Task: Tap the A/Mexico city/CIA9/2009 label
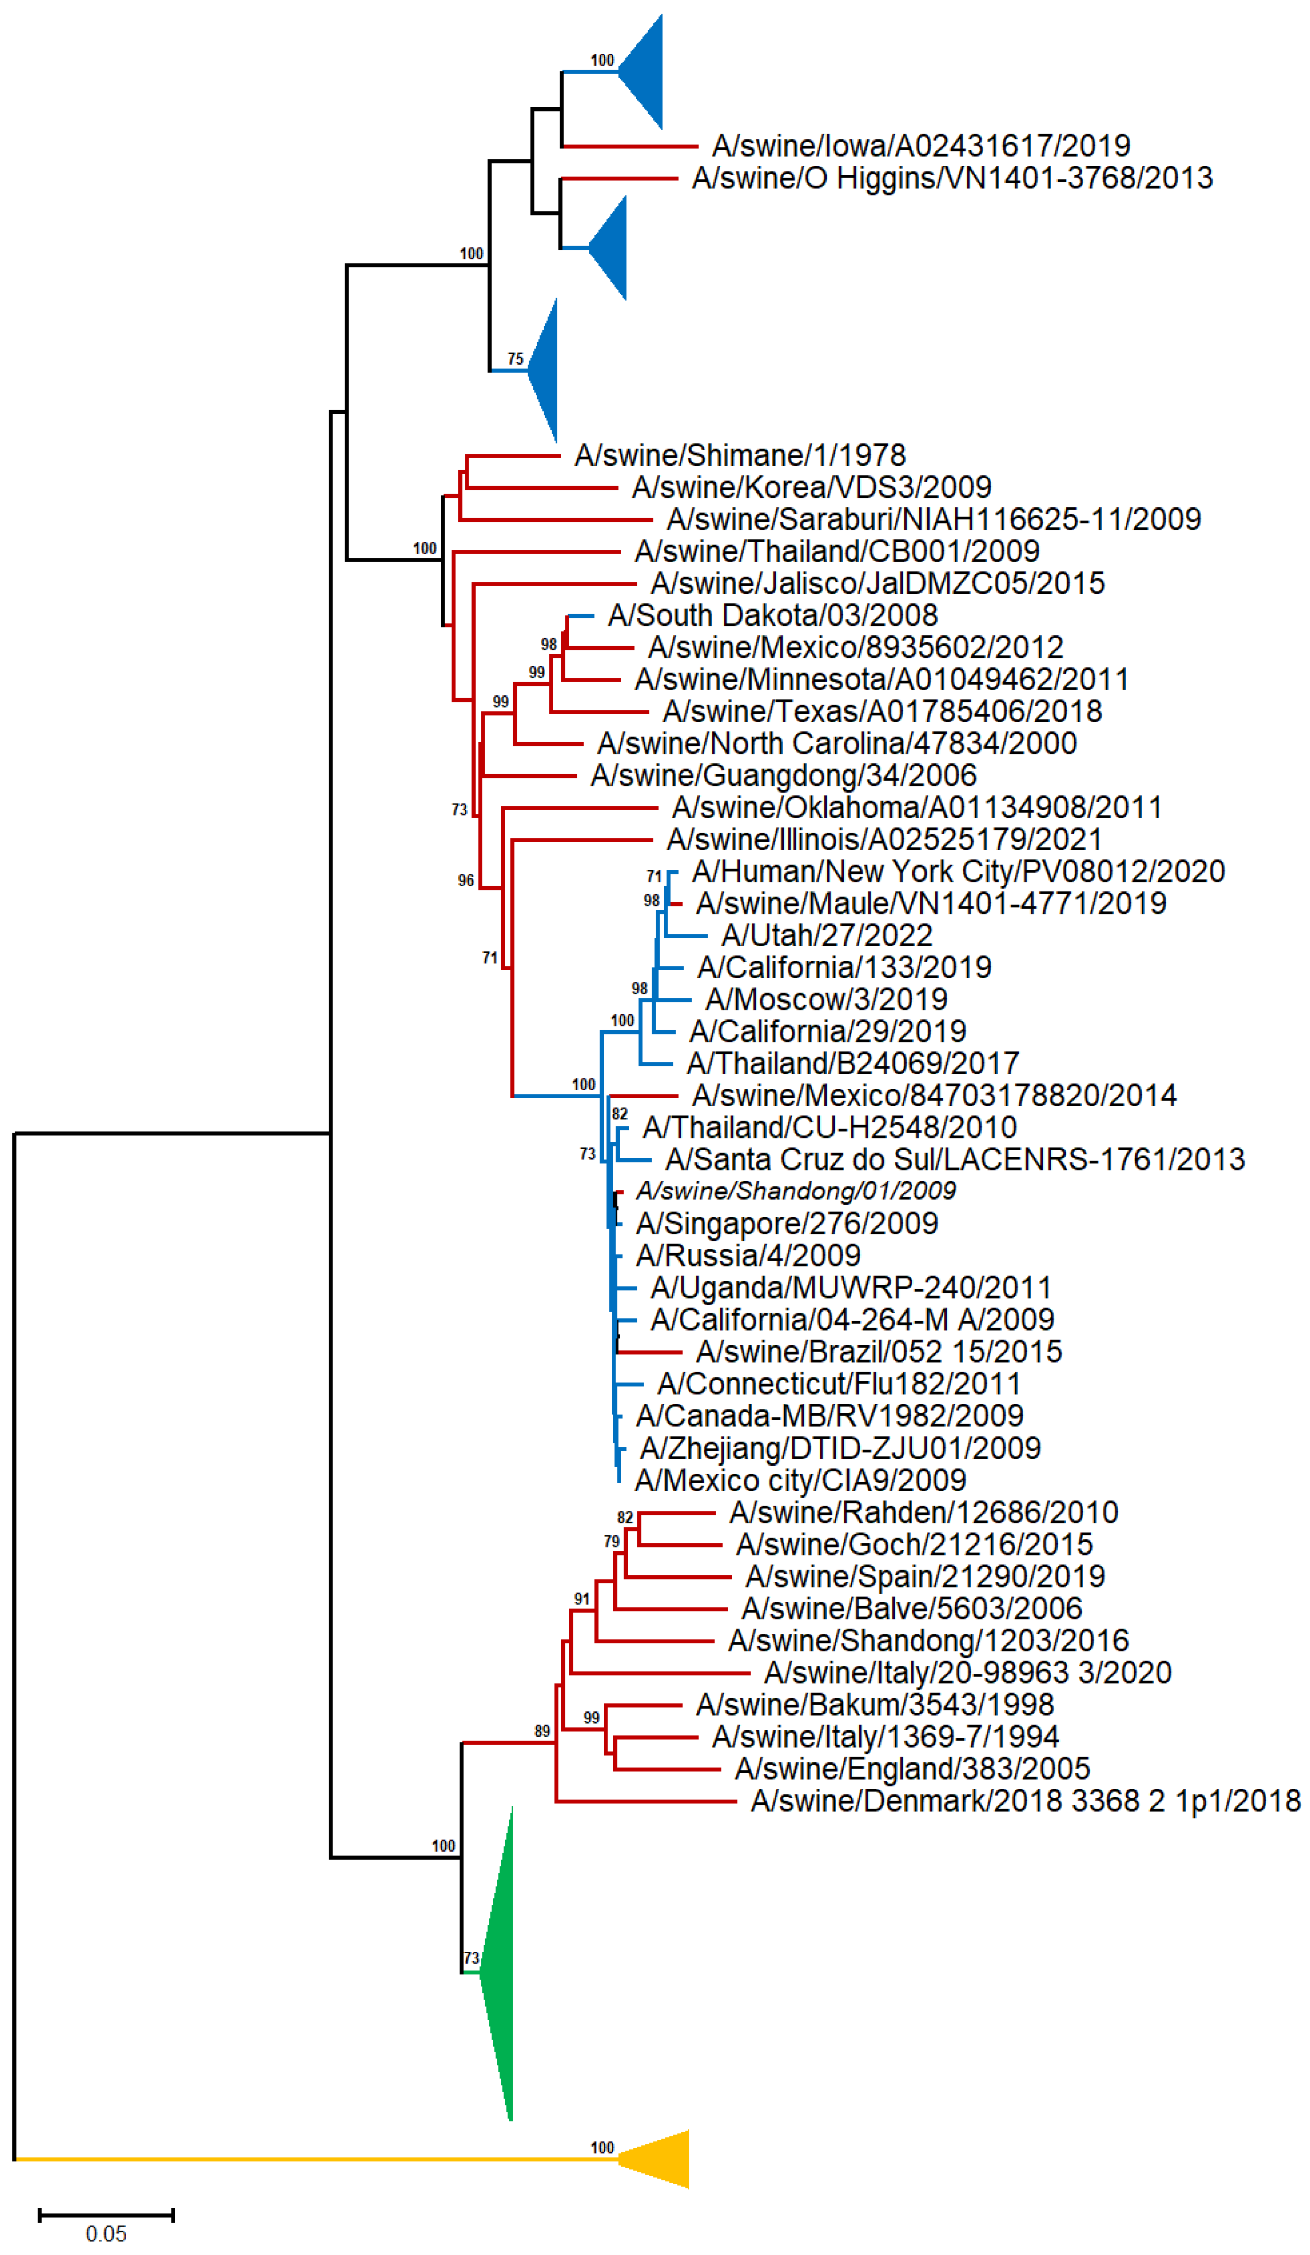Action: coord(800,1480)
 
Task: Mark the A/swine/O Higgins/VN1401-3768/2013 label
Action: coord(952,178)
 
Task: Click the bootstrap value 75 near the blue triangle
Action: coord(515,359)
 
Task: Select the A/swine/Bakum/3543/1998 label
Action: coord(874,1705)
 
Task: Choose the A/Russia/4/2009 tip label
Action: coord(748,1256)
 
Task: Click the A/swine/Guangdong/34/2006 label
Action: coord(783,775)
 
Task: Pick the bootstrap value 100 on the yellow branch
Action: coord(602,2148)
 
